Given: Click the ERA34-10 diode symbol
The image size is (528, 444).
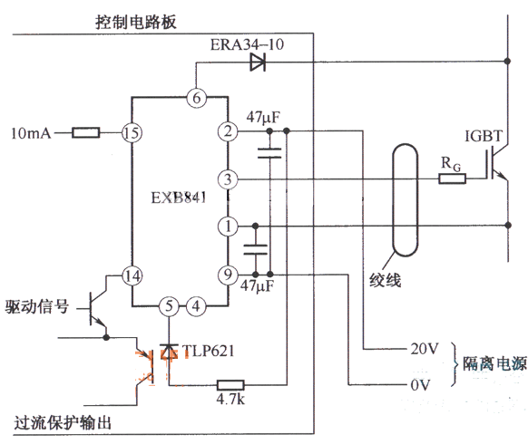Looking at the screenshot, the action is tap(258, 62).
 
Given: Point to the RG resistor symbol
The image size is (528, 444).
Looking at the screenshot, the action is tap(452, 179).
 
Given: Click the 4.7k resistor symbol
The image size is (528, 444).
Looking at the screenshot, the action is tap(230, 385).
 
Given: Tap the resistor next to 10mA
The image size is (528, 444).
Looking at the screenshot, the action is tap(86, 133).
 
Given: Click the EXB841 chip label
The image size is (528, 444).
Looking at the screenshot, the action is tap(179, 198).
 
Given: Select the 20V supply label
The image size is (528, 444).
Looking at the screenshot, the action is tap(425, 349).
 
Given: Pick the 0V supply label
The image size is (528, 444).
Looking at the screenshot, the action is tap(420, 385).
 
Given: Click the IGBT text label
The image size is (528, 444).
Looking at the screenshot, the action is tap(484, 136).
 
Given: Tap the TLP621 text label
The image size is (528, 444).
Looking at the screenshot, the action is tap(208, 352).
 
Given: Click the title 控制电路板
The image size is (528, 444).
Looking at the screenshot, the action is tap(136, 22).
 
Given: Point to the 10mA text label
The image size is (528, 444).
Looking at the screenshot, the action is tap(31, 133).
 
